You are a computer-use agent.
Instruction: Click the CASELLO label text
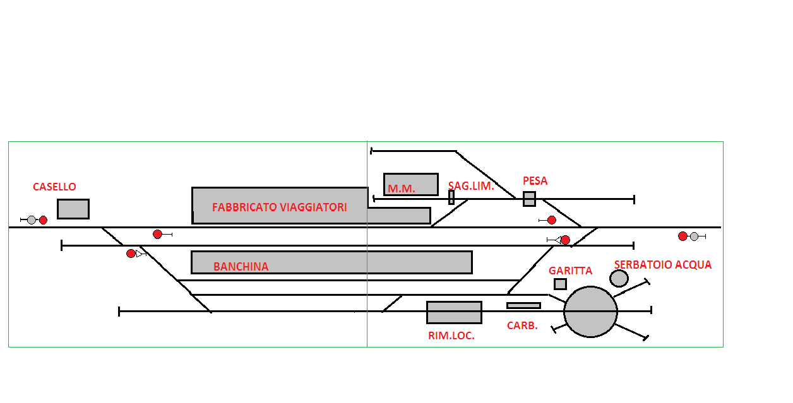[x=54, y=187]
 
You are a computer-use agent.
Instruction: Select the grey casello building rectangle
[x=73, y=209]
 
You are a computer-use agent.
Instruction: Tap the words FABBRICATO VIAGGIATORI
[x=279, y=207]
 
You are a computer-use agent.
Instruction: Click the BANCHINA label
[x=241, y=267]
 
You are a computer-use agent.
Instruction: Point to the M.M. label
[x=402, y=189]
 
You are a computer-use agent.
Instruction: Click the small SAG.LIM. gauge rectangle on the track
[x=451, y=197]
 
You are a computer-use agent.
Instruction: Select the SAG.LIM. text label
[x=471, y=186]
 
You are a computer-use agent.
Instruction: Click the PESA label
[x=535, y=181]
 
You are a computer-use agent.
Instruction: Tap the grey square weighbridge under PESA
[x=529, y=199]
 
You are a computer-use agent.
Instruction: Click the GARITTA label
[x=570, y=271]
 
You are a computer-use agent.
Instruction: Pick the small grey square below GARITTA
[x=560, y=284]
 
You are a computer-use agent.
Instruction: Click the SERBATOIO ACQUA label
[x=662, y=265]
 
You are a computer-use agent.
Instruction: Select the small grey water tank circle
[x=619, y=278]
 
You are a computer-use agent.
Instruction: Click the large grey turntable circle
[x=590, y=312]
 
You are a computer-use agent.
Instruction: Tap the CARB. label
[x=522, y=326]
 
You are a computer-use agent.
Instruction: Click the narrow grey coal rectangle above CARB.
[x=523, y=305]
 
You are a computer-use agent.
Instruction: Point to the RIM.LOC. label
[x=451, y=336]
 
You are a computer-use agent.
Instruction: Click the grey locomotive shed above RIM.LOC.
[x=454, y=312]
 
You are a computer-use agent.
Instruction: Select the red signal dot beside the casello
[x=43, y=220]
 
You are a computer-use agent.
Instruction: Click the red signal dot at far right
[x=683, y=237]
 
